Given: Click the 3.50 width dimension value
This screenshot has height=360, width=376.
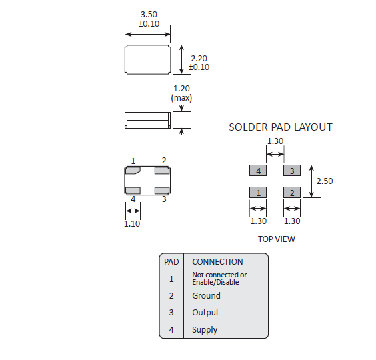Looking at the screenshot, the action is point(149,15).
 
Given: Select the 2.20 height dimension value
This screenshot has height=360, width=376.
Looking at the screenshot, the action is point(199,58).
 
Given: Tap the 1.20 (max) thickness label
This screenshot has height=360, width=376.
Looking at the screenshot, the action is point(181,93).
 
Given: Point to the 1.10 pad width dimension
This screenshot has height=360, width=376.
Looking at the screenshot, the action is point(132,223).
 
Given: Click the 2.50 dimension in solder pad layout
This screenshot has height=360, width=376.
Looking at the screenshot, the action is point(325,181).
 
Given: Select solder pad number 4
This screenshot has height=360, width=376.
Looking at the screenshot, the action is point(258,171).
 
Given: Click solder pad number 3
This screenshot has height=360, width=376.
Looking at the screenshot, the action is point(292,171).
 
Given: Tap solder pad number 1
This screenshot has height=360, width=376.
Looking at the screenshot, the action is point(258,193).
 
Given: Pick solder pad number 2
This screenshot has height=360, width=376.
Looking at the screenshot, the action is point(292,193).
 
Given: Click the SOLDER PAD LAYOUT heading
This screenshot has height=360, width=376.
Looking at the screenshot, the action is point(281,127).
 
